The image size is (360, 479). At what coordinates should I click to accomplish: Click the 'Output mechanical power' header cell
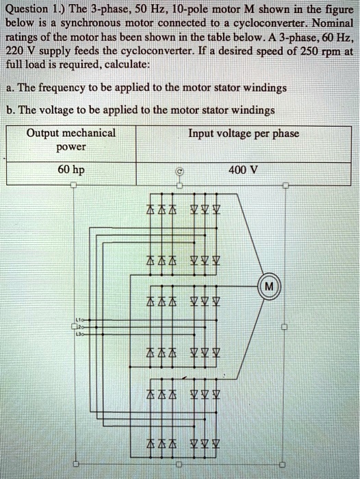pos(71,140)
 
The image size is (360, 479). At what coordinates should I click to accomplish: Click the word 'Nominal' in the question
pos(331,25)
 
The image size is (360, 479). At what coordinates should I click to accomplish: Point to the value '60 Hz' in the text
pos(331,41)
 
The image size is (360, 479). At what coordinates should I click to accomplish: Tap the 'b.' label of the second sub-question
pos(12,109)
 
